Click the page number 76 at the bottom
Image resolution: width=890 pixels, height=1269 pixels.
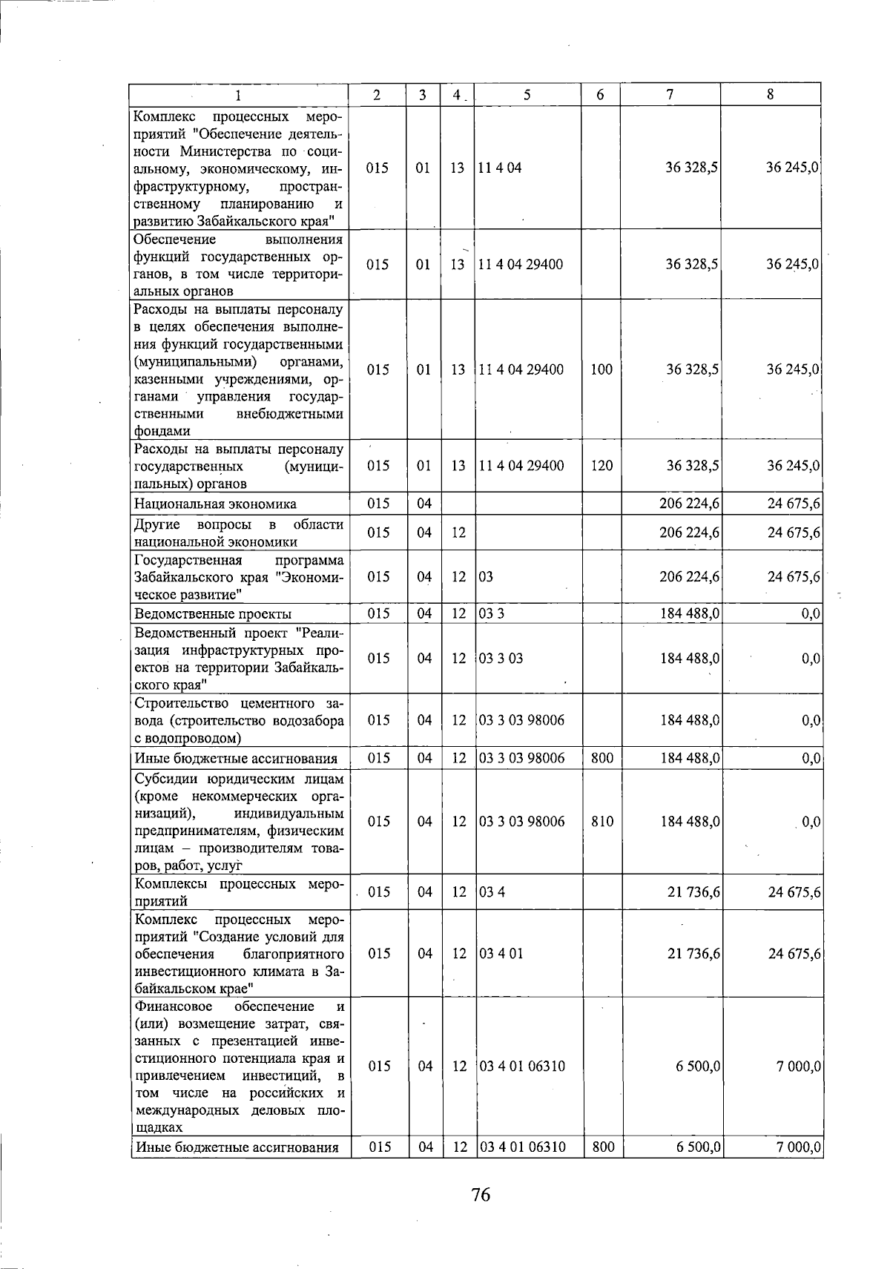[481, 1195]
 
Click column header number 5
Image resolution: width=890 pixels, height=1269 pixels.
[527, 94]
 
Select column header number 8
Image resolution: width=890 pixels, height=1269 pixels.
[771, 94]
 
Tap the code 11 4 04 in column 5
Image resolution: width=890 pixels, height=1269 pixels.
[501, 168]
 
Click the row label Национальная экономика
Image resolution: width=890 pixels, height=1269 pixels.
[215, 504]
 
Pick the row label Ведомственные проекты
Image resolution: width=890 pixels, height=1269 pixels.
[213, 614]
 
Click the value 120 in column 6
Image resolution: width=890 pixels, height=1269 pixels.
[601, 466]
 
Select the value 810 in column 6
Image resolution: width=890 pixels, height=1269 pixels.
[603, 822]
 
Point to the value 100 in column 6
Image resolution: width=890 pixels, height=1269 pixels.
[601, 369]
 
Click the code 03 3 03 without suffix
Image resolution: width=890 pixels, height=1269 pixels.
[501, 659]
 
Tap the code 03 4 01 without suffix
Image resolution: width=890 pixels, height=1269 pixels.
[502, 953]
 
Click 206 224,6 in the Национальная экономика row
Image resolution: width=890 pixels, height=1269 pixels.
[689, 504]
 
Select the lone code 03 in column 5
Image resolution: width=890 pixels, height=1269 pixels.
[486, 577]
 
